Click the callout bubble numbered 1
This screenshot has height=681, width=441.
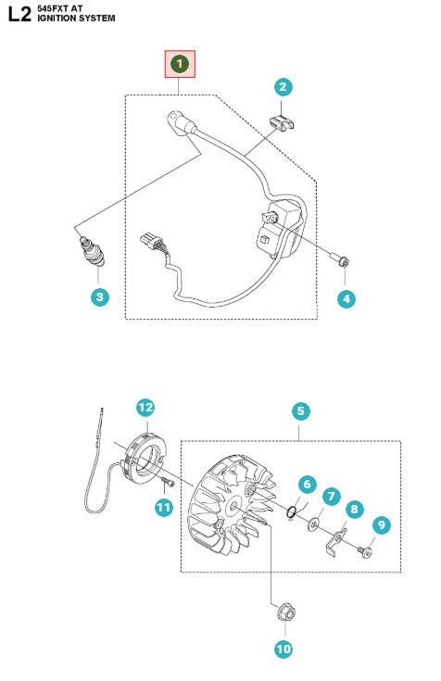click(x=180, y=64)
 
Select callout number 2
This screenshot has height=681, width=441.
click(x=283, y=87)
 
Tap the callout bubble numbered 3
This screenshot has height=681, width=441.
click(x=100, y=297)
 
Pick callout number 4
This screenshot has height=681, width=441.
click(x=346, y=297)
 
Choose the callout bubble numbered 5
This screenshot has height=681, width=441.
click(x=300, y=410)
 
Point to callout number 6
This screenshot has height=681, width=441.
click(x=308, y=484)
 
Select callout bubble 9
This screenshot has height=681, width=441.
click(x=379, y=524)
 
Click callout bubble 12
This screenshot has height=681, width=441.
click(x=145, y=407)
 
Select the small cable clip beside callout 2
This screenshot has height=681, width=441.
click(x=281, y=123)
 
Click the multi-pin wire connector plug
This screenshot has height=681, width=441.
click(x=146, y=244)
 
